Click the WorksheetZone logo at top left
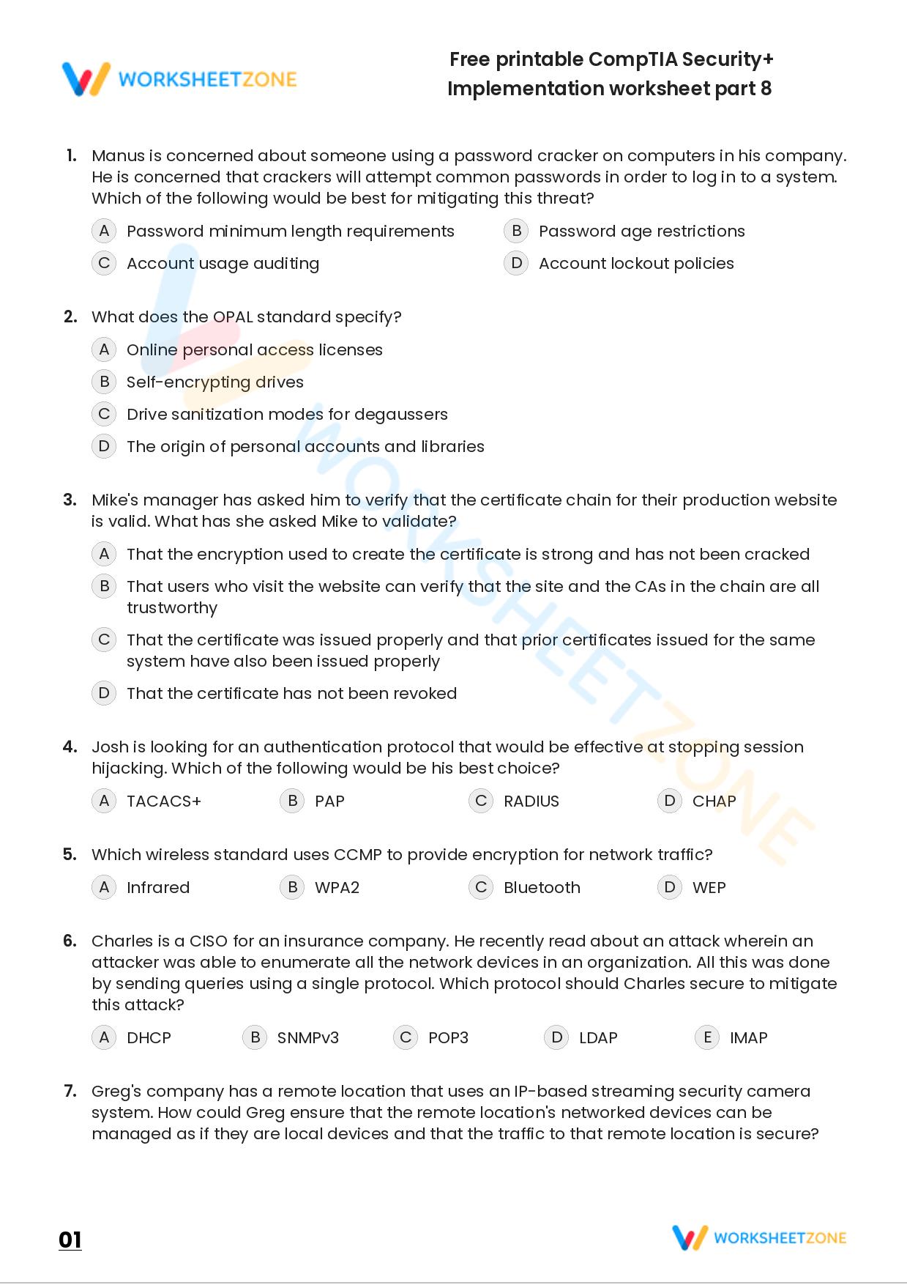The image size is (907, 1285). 179,79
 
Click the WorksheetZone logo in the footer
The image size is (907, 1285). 759,1237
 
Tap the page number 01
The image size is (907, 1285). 70,1240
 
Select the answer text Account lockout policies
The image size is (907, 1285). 635,264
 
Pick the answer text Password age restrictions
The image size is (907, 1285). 641,232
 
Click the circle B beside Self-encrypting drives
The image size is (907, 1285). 104,382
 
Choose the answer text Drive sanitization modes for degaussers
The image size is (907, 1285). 287,415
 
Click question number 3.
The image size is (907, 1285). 70,500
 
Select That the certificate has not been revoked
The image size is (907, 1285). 291,694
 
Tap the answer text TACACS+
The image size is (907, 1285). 163,801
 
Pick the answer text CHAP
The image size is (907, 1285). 714,801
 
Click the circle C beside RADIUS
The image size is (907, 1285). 481,801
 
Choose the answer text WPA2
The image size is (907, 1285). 337,888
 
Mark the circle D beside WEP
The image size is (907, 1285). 669,887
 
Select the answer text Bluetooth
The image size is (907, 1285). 542,888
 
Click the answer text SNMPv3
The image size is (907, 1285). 307,1038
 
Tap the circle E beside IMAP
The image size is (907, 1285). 707,1037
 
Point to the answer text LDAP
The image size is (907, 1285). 598,1038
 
